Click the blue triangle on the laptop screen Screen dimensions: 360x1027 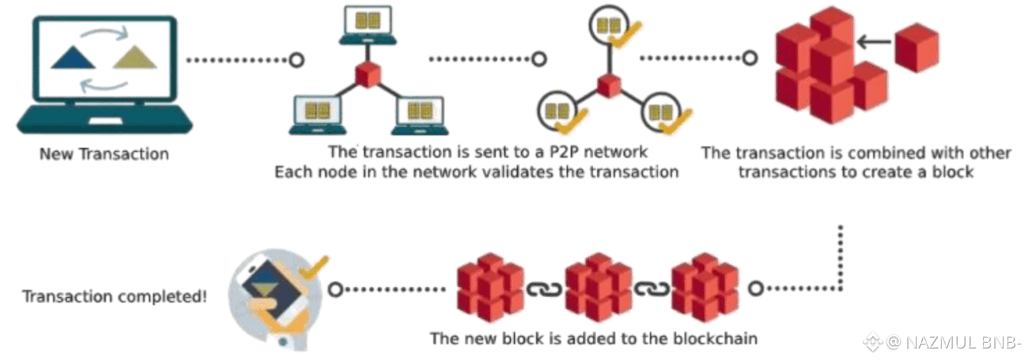(73, 58)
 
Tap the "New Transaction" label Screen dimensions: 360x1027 (104, 154)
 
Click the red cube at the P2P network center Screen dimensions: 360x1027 (367, 74)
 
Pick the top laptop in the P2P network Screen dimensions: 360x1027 (367, 24)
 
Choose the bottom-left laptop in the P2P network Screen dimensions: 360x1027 (317, 114)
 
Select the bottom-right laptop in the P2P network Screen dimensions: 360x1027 (420, 114)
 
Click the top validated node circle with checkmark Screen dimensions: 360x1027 (610, 26)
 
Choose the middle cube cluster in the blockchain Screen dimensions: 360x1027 (598, 288)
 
